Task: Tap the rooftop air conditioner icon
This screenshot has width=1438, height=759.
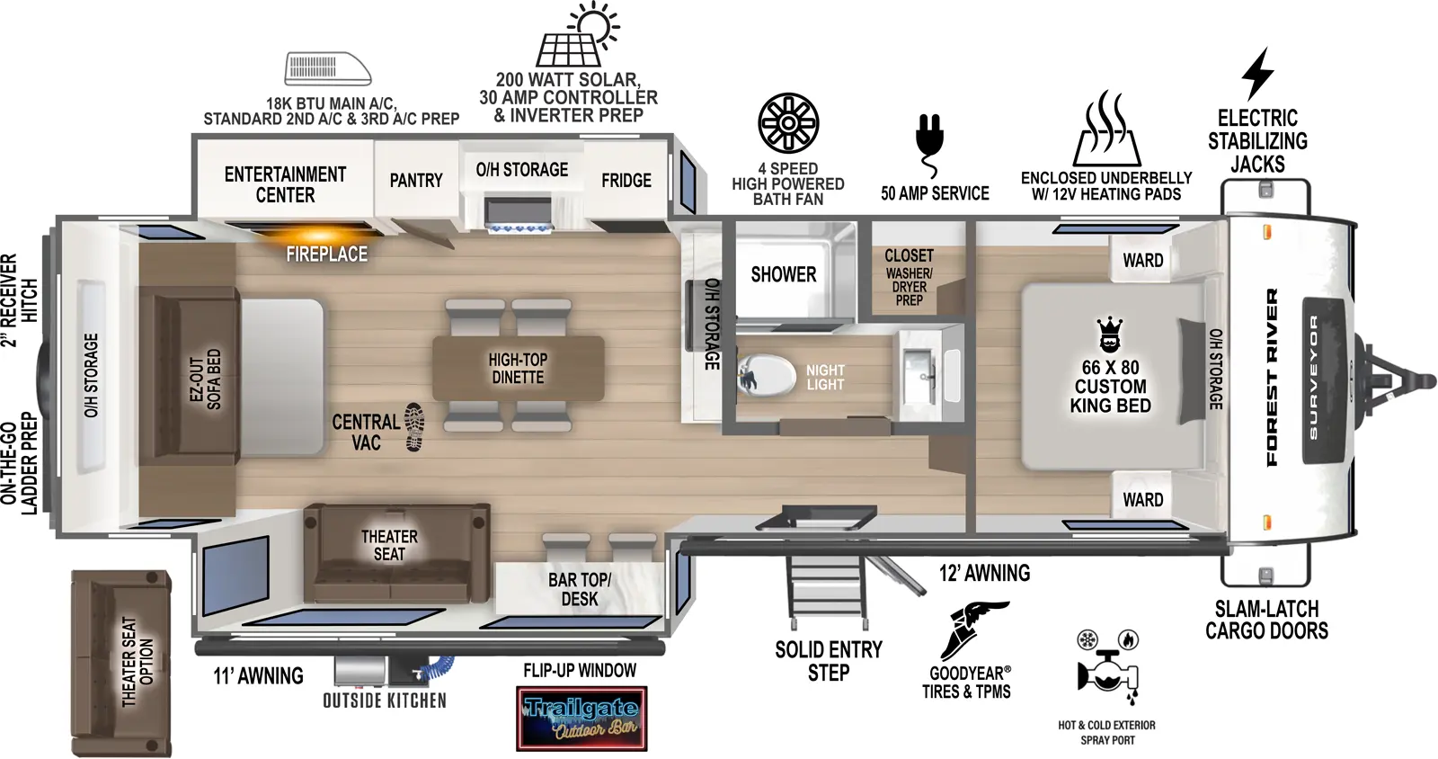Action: pos(327,68)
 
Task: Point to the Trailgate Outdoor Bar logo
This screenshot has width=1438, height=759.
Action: pos(581,719)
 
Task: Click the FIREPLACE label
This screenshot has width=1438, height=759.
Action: pos(326,254)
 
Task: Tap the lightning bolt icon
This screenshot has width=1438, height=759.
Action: pos(1257,74)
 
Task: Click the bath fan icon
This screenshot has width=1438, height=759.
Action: pos(788,123)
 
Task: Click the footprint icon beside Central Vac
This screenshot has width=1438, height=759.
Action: pos(413,426)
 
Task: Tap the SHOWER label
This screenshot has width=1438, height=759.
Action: pos(784,274)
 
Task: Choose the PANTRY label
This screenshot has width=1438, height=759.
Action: pos(415,181)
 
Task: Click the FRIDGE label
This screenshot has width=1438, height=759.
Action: pos(626,181)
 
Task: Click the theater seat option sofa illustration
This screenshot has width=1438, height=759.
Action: pos(120,663)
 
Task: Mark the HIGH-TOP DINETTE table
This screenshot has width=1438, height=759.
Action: pos(518,368)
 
